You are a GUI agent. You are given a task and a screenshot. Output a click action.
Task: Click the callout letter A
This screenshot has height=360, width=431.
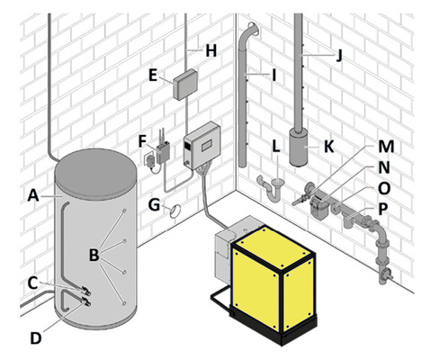click(32, 193)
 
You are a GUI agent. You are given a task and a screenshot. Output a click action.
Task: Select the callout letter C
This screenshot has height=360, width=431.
click(32, 282)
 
